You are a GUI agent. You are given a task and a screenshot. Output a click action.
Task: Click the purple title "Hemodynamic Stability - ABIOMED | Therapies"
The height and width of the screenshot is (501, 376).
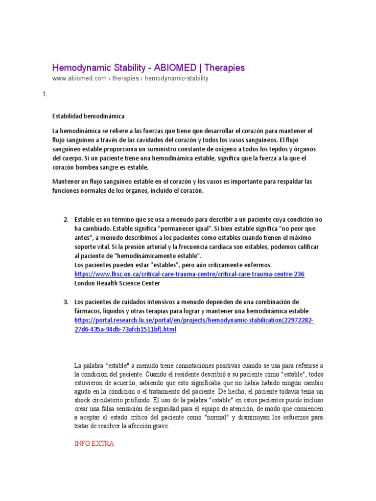(148, 68)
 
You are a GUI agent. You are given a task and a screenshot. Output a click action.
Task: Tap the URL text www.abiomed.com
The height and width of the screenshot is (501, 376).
(79, 78)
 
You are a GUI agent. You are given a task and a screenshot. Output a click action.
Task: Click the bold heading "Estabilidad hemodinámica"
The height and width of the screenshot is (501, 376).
(89, 116)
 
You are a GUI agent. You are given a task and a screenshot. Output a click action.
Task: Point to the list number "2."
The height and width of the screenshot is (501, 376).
(66, 219)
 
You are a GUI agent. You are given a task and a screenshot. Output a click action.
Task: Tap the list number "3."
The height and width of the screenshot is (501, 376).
(66, 302)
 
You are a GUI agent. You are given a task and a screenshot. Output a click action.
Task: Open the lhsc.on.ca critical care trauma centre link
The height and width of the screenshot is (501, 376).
(189, 274)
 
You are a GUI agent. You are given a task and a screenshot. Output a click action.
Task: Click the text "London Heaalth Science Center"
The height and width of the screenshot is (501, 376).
(117, 283)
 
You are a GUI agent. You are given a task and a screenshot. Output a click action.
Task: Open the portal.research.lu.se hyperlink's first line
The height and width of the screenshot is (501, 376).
(194, 320)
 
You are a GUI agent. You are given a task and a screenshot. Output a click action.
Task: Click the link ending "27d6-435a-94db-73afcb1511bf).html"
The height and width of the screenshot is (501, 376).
(125, 330)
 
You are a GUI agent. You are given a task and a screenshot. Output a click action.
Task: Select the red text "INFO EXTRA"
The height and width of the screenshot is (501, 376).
(94, 444)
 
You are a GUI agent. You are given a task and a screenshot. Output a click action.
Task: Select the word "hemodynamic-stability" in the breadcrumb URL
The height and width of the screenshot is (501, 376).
(177, 78)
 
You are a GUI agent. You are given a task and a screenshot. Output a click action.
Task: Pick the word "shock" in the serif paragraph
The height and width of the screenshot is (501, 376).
(83, 400)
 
